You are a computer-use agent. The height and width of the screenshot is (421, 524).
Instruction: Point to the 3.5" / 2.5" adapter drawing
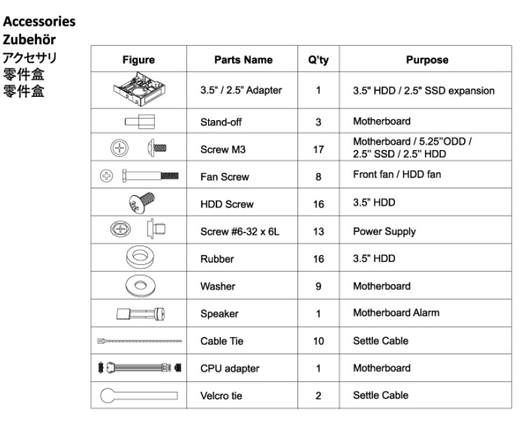138,90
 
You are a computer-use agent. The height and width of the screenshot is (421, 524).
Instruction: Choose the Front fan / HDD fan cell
396,174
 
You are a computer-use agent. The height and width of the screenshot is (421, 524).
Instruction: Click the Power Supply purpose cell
384,231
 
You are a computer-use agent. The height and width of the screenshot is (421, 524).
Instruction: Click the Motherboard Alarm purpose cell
396,313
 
